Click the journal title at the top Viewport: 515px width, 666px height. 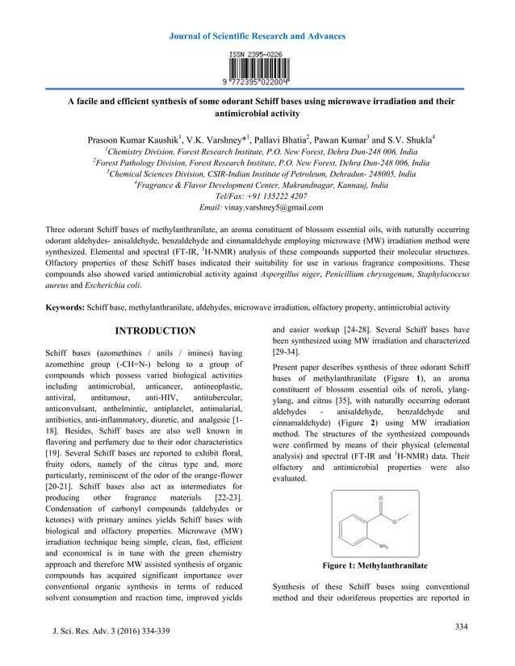pos(258,36)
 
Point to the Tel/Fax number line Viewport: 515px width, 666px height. pos(257,196)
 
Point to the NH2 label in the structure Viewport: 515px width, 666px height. pos(384,544)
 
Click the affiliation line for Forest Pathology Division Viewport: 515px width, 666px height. pos(258,161)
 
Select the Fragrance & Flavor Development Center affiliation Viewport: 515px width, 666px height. pos(258,185)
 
